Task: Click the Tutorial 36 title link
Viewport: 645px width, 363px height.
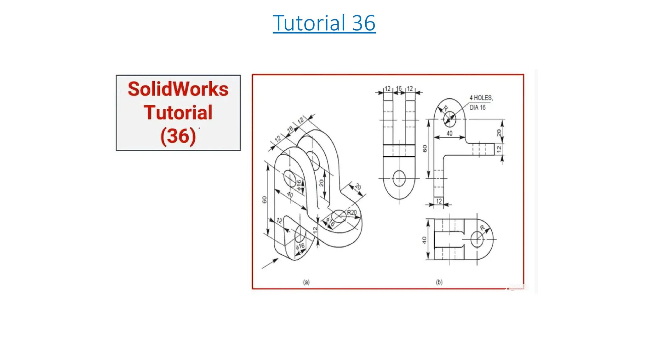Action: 324,23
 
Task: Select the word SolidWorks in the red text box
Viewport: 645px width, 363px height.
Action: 178,89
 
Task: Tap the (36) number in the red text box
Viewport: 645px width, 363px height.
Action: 178,136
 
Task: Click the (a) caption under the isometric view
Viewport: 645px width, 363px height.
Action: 306,282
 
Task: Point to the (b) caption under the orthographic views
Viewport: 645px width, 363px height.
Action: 439,282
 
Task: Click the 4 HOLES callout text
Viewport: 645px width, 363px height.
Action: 481,98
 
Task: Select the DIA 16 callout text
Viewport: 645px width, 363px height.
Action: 477,108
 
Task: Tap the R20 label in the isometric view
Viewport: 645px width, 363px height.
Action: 352,213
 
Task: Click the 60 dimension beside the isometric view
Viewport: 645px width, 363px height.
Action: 264,200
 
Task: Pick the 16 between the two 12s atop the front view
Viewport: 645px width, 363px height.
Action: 399,89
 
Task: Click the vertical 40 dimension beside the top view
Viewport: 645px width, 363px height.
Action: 424,240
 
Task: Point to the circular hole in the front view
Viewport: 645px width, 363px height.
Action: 399,178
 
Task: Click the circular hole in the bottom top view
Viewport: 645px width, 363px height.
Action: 477,239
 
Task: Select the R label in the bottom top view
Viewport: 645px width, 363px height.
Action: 482,228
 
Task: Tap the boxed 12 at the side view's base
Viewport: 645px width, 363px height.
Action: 439,201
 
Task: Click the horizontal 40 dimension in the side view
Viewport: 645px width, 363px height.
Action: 449,133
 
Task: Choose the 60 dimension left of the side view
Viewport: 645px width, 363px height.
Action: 425,148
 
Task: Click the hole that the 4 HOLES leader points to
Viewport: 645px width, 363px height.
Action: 449,119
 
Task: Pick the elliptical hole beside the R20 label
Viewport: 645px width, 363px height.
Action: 339,216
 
